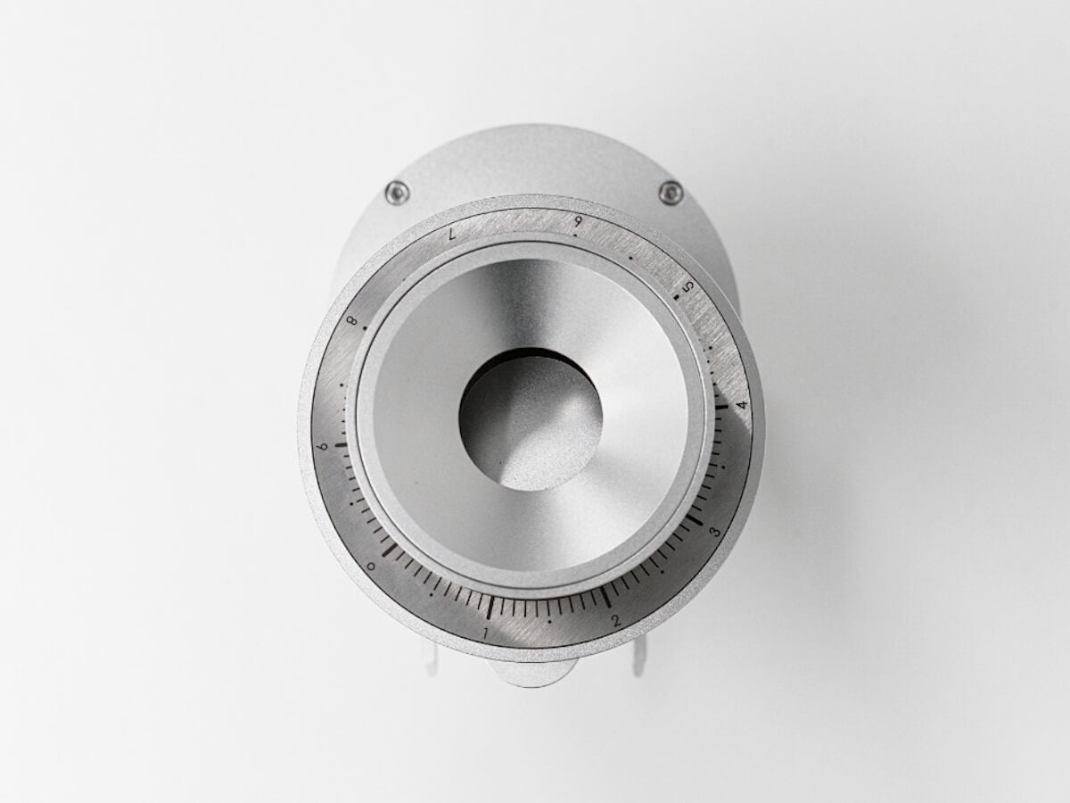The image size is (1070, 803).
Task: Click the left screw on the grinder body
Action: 397,192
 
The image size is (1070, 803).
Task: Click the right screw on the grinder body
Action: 671,192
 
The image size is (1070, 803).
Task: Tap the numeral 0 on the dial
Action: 371,566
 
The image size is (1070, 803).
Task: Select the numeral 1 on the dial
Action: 485,633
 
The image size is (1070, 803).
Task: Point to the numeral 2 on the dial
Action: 616,620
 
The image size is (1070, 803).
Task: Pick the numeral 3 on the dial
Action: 714,533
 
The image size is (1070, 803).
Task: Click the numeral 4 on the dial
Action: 741,405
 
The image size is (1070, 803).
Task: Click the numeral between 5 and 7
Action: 579,221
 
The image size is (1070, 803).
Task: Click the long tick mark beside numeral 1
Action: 490,607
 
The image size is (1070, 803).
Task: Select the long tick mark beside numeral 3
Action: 693,517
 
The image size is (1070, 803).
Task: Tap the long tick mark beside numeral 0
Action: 391,550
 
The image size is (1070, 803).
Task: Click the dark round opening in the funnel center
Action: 530,419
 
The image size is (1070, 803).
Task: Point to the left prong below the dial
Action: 432,660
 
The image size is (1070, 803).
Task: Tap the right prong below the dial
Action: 638,660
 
